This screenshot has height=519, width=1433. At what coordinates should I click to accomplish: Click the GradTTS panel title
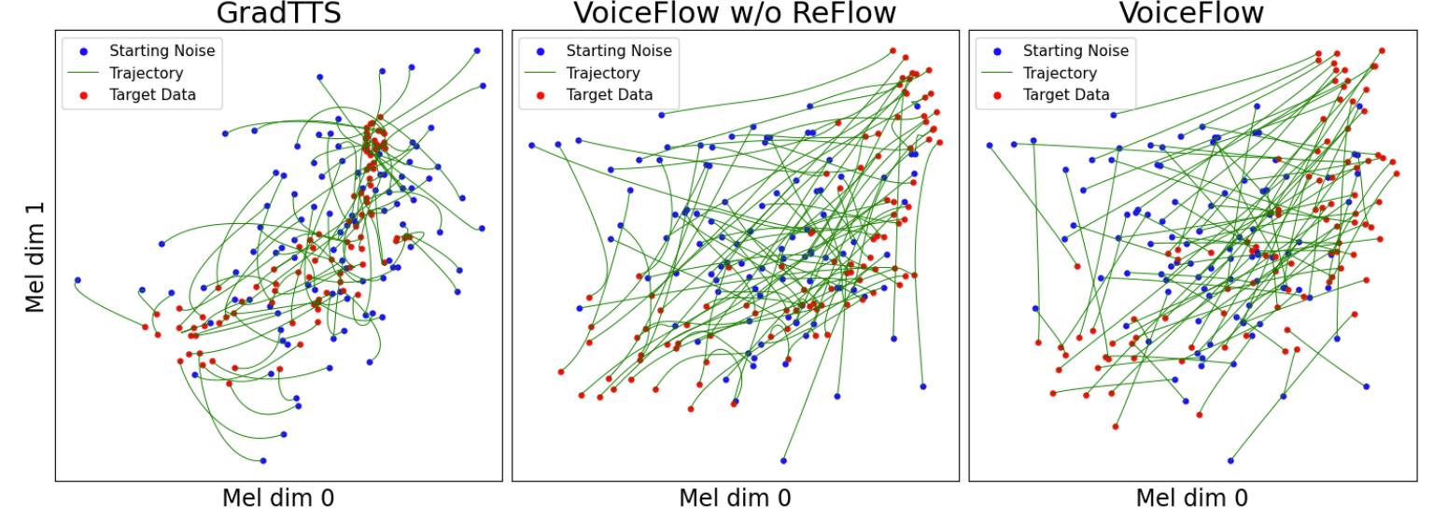[x=278, y=13]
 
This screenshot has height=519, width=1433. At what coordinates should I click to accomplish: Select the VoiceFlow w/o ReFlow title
[x=735, y=13]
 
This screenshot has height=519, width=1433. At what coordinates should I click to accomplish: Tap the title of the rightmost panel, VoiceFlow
[x=1191, y=13]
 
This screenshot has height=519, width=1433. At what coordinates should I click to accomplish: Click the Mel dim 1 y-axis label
[x=35, y=257]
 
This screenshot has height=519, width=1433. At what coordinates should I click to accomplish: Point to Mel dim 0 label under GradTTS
[x=278, y=498]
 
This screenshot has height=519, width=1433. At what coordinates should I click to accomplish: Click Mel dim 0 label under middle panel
[x=735, y=498]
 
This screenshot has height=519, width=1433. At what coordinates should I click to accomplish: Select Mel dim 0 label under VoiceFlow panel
[x=1191, y=498]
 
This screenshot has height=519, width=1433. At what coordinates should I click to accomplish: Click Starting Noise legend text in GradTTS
[x=162, y=51]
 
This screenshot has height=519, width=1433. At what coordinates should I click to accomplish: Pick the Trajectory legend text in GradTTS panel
[x=147, y=73]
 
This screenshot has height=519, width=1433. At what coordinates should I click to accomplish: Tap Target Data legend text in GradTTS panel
[x=152, y=95]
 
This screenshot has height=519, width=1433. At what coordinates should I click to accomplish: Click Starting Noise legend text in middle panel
[x=619, y=51]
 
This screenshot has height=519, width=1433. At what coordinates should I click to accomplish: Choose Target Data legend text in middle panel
[x=610, y=95]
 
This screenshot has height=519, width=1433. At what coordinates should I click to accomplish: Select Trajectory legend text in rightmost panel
[x=1061, y=73]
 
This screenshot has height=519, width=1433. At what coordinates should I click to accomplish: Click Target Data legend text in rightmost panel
[x=1066, y=95]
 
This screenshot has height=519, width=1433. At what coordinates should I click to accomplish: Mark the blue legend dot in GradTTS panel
[x=85, y=51]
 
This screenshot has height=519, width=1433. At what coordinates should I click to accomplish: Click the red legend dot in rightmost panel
[x=998, y=95]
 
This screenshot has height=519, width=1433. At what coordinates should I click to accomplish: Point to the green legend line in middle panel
[x=542, y=73]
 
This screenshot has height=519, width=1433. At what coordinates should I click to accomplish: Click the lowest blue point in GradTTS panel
[x=263, y=460]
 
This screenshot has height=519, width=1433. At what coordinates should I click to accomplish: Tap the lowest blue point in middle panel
[x=783, y=460]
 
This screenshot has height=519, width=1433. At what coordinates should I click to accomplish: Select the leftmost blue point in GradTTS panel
[x=77, y=280]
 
